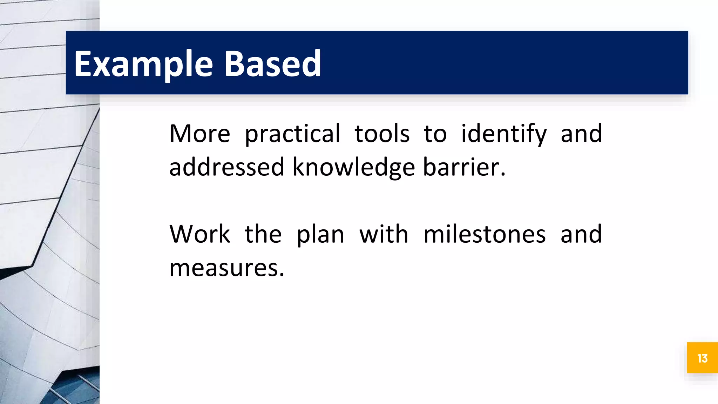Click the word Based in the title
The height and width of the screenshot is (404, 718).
[272, 64]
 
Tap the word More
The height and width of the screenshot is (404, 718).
[199, 134]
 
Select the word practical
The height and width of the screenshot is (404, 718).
[292, 134]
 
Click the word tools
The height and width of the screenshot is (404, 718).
[382, 134]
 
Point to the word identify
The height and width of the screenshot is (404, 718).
[504, 134]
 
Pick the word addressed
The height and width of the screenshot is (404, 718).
[226, 167]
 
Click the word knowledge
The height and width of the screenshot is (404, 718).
[354, 167]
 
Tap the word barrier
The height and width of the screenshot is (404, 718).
[462, 167]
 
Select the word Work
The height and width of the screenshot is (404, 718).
[199, 234]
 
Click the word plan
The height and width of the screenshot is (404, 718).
[320, 234]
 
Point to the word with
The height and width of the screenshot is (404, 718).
[384, 234]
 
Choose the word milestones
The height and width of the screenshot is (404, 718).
[485, 234]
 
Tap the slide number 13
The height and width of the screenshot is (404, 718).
[702, 358]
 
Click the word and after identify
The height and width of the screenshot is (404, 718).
[581, 134]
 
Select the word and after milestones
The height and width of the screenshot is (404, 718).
[581, 234]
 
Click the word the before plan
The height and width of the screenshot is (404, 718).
[263, 234]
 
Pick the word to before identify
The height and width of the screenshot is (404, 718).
[435, 134]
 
